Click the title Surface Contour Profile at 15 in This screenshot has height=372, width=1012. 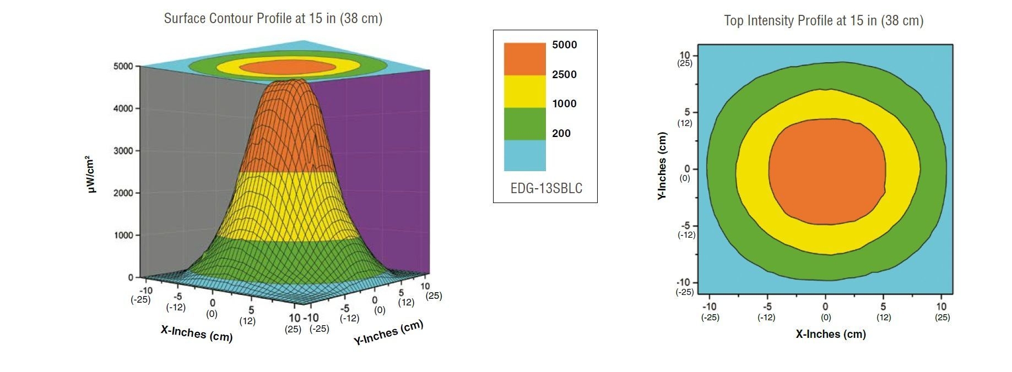point(273,19)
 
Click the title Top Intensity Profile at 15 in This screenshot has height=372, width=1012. point(823,21)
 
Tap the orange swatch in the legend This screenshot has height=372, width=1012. point(524,59)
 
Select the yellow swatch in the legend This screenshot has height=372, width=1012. point(524,91)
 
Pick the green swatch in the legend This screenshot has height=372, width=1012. point(524,123)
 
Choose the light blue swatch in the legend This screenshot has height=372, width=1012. point(524,155)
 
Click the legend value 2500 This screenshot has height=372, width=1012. point(564,74)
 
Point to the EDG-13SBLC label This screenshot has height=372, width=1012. point(546,188)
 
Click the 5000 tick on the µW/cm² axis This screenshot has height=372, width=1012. point(123,66)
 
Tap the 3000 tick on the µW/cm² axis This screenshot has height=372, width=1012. point(123,151)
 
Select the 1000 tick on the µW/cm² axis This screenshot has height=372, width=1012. point(123,236)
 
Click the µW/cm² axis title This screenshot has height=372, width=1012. point(90,174)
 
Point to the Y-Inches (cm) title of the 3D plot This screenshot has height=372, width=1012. point(388,332)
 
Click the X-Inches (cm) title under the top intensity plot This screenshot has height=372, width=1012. point(830,334)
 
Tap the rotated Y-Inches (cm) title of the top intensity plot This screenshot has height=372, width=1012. point(662,166)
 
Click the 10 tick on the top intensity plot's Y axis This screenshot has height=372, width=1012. point(685,55)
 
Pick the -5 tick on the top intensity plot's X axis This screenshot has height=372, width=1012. point(767,307)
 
